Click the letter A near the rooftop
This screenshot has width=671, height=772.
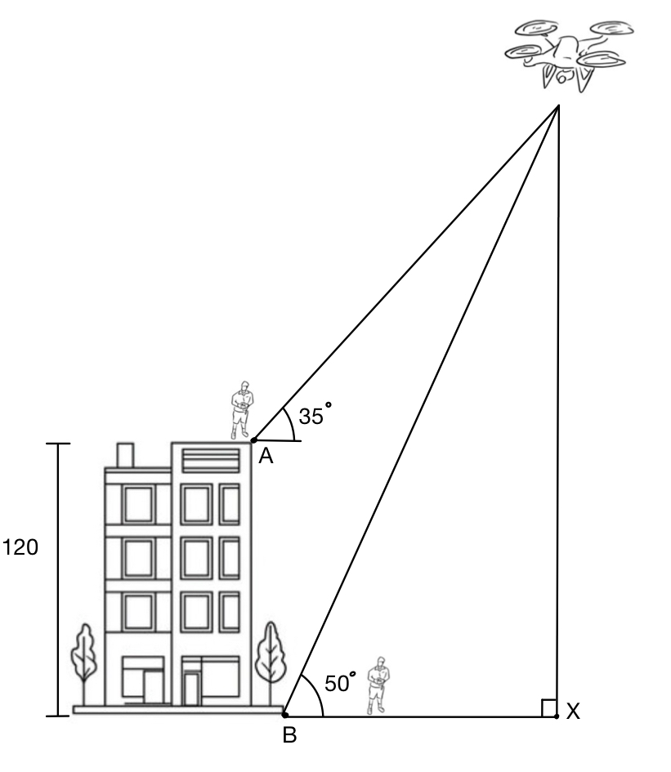[x=265, y=458]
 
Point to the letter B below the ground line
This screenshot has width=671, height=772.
[x=289, y=736]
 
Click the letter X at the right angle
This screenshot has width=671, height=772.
[x=573, y=713]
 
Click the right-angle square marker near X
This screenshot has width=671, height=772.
[x=549, y=707]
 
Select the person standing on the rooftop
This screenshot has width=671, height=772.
[x=242, y=408]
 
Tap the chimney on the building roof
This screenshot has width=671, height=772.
[x=125, y=454]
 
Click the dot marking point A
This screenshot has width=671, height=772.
[x=253, y=440]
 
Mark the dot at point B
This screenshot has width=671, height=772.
[x=284, y=715]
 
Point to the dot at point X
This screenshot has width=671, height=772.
[x=557, y=716]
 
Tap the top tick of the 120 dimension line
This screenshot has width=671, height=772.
[x=58, y=444]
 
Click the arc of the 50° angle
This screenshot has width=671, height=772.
[x=315, y=694]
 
